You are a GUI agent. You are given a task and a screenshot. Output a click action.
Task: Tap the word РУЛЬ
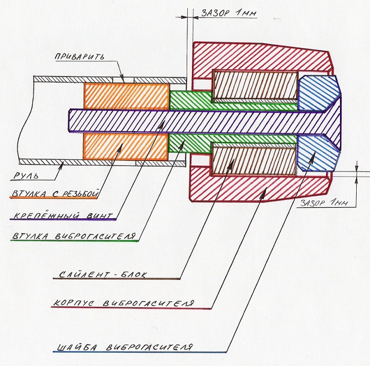(27, 175)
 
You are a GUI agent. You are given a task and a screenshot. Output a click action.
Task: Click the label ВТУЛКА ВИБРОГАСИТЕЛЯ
(73, 237)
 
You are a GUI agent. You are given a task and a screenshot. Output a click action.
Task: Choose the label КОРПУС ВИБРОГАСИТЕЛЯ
(121, 303)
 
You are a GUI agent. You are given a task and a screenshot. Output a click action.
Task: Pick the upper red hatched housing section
(260, 55)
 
